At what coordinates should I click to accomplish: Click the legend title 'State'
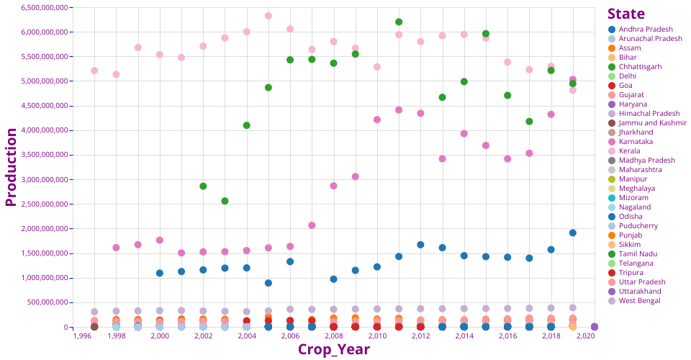[625, 14]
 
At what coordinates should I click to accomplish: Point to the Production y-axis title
[11, 167]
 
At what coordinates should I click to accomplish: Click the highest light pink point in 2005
[268, 16]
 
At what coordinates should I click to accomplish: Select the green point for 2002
[203, 186]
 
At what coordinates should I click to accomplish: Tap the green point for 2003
[225, 201]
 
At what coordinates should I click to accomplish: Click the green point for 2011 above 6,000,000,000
[399, 22]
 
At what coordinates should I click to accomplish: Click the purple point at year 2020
[595, 327]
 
